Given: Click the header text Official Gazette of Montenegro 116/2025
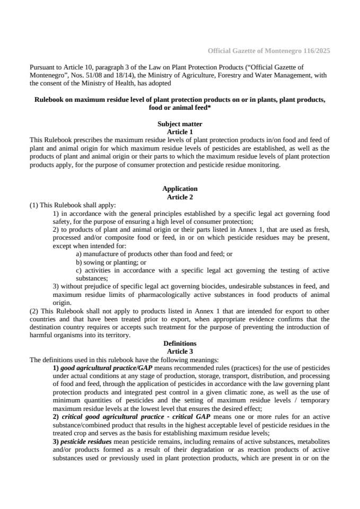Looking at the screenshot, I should tap(269, 51).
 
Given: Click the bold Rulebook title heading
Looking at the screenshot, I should tap(180, 103).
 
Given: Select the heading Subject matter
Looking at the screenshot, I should tap(180, 124).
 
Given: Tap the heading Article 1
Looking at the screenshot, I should tap(180, 131).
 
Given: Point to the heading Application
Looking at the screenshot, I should tap(180, 189).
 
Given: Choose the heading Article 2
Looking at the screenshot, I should tap(180, 197).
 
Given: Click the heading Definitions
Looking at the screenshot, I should tap(180, 344).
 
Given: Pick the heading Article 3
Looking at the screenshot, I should tap(180, 351).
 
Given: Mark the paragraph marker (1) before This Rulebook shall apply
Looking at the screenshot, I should tap(33, 205).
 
